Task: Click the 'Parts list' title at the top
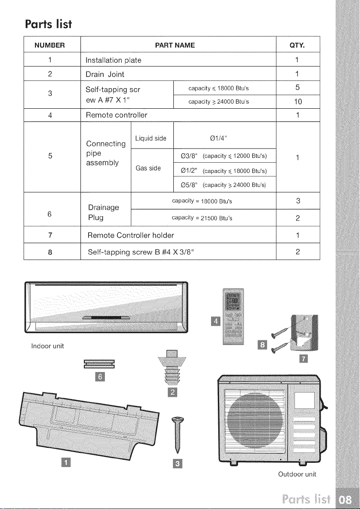48,24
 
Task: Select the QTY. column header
298,45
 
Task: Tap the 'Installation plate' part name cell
113,60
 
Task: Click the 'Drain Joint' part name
105,74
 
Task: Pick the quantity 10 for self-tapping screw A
298,102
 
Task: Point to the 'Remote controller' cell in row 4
116,115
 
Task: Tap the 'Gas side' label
148,168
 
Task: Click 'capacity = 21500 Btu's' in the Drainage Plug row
202,218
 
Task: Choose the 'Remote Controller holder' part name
131,235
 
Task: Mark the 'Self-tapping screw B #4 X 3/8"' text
141,252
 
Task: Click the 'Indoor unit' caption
48,346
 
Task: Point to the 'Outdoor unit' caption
297,474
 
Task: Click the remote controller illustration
233,316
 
